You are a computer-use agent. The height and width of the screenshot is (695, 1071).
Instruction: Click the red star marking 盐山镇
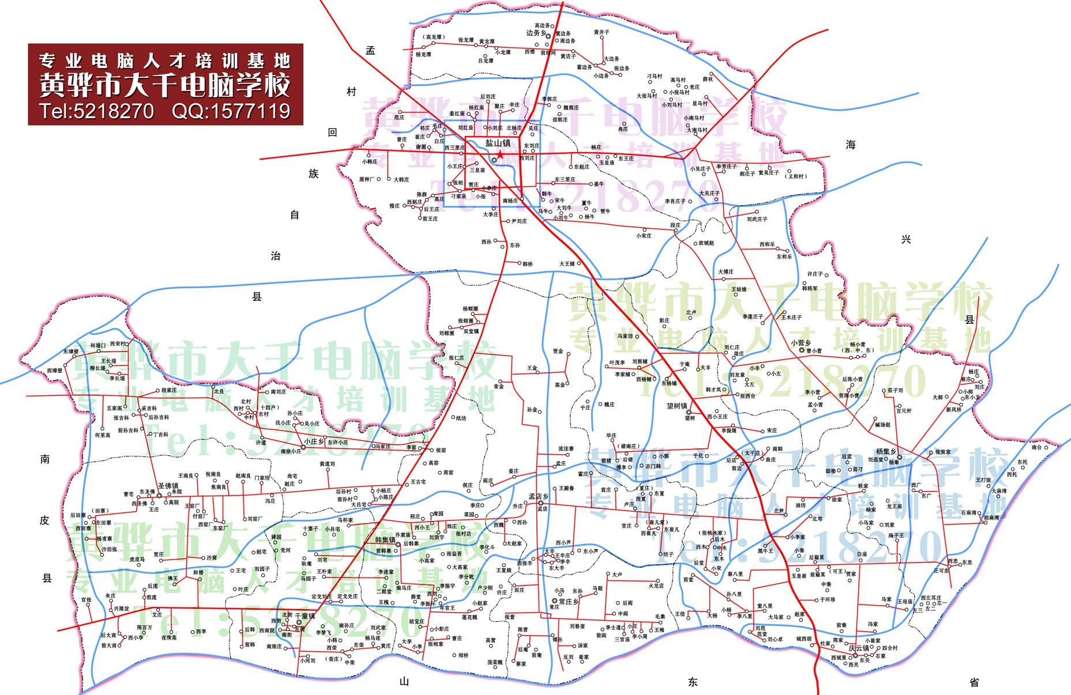point(500,155)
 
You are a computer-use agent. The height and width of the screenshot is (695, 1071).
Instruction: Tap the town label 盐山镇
point(497,142)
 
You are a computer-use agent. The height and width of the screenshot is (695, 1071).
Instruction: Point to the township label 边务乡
point(536,33)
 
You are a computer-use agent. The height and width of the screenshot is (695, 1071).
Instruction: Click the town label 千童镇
point(305,615)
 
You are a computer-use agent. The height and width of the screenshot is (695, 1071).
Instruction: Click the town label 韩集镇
point(385,541)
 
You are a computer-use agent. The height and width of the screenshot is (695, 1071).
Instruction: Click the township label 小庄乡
point(315,441)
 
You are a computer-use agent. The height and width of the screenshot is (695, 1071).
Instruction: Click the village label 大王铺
point(568,263)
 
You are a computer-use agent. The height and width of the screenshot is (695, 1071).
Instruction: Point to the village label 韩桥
point(527,264)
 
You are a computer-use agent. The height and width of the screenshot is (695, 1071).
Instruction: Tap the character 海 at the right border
point(852,145)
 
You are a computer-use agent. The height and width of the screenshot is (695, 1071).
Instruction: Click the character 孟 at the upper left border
point(370,51)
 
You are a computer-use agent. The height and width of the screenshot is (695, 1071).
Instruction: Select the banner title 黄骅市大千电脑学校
point(164,85)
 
